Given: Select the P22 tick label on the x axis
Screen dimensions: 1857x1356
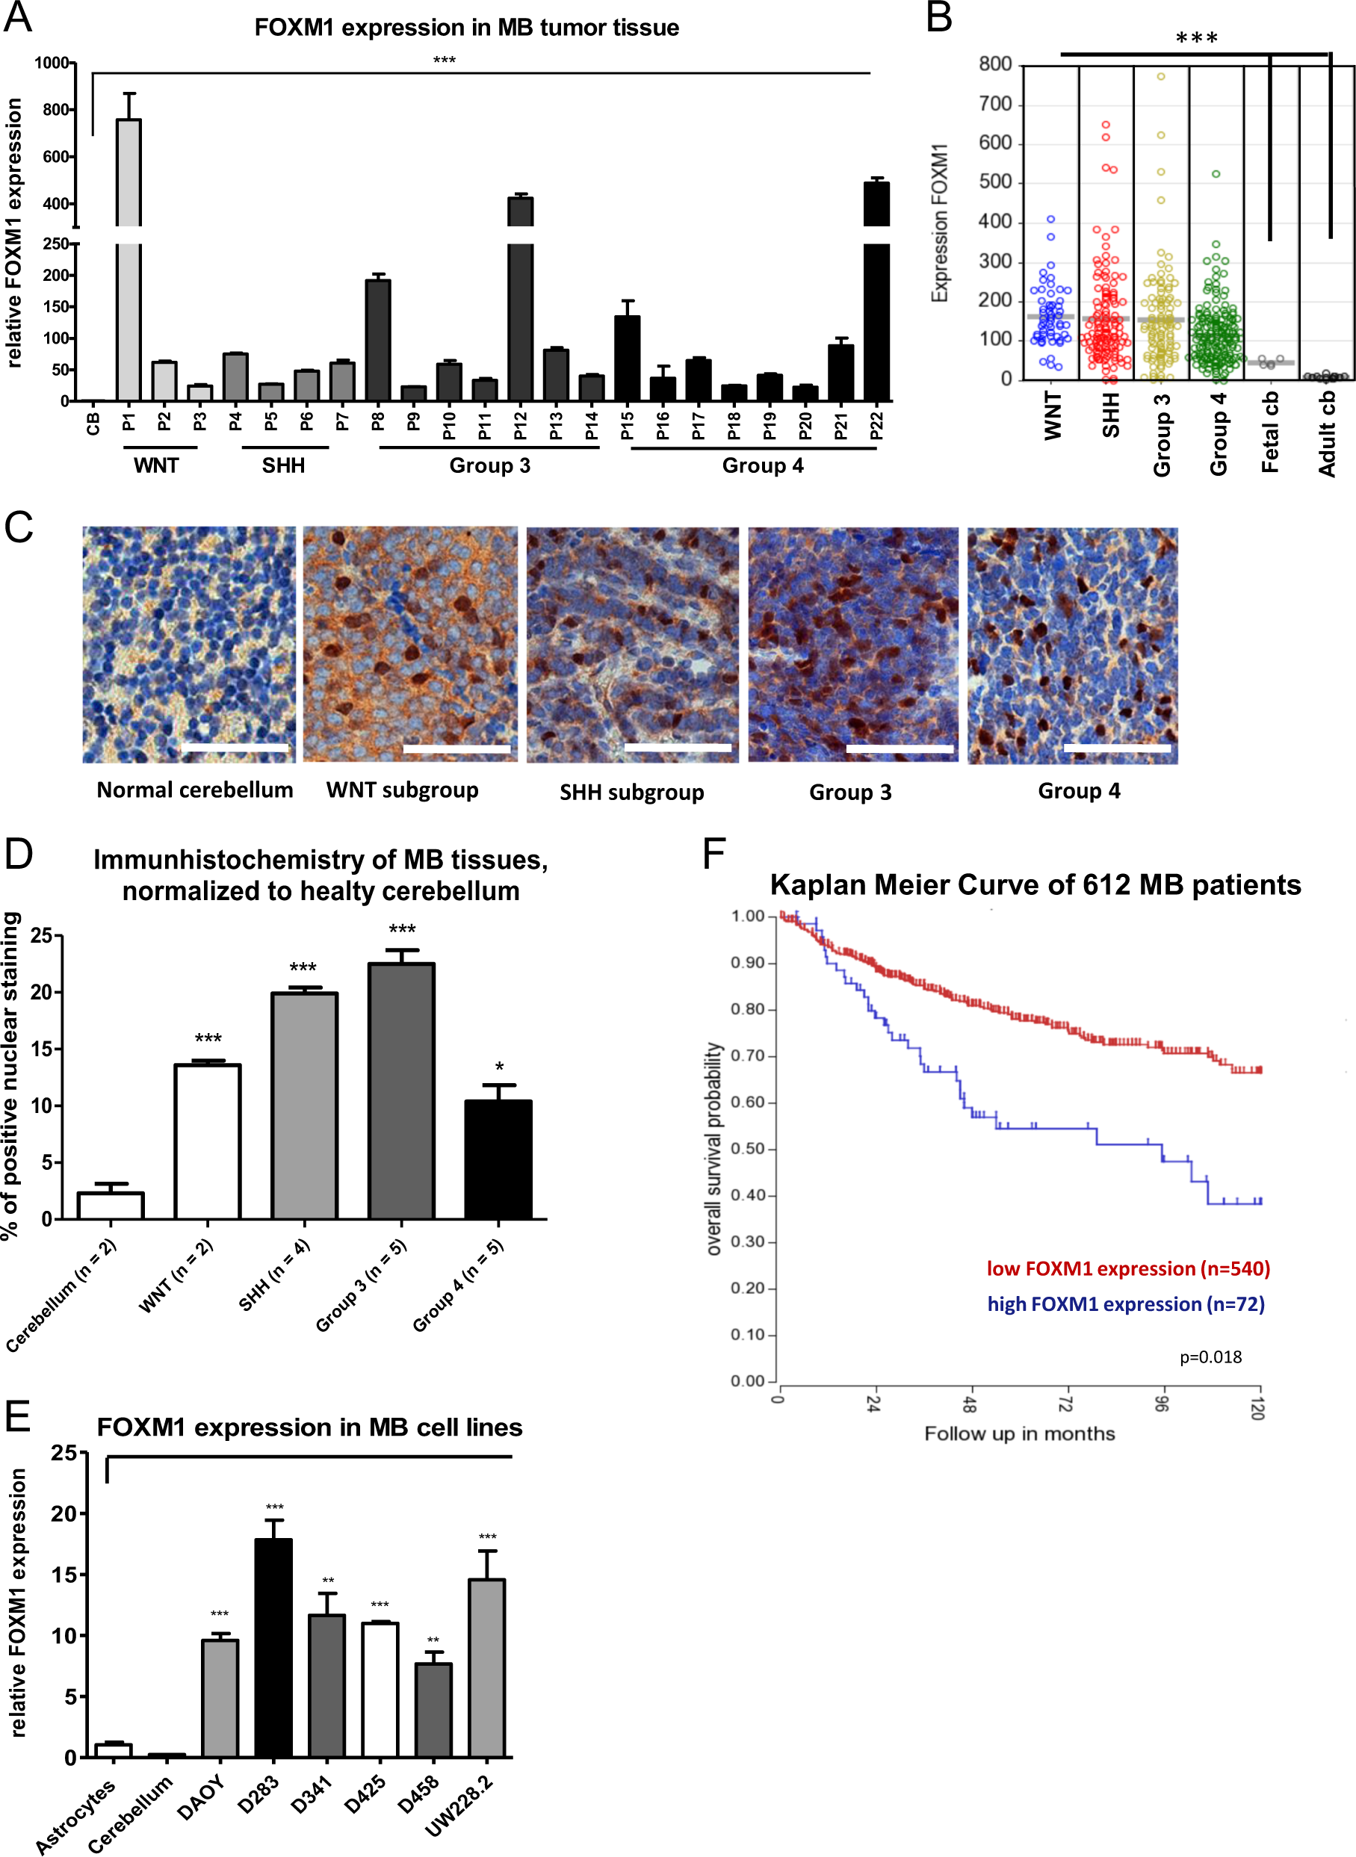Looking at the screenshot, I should (876, 426).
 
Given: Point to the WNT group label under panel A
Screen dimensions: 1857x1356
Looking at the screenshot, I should (156, 465).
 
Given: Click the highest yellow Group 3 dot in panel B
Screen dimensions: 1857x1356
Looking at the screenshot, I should (1161, 76).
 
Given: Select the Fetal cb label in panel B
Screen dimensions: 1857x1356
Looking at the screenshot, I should (1270, 432).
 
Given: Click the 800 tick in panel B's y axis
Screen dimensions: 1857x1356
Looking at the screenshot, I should (995, 64).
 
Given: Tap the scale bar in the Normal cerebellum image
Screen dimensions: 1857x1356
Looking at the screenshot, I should (235, 748).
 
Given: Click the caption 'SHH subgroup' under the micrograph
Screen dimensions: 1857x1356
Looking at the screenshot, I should (631, 792).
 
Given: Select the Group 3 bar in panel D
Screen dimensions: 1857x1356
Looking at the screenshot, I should (401, 1091).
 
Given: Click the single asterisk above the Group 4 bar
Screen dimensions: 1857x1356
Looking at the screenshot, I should (499, 1067).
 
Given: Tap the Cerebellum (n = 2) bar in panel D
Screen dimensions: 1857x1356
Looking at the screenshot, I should (111, 1206).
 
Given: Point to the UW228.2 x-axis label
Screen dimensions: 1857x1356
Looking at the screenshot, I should (459, 1805).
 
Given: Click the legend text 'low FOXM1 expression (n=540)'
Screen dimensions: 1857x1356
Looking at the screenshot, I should (1128, 1268).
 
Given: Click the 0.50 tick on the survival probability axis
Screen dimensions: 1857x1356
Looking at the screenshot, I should (748, 1149).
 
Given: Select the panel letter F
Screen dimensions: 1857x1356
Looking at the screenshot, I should (714, 853).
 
